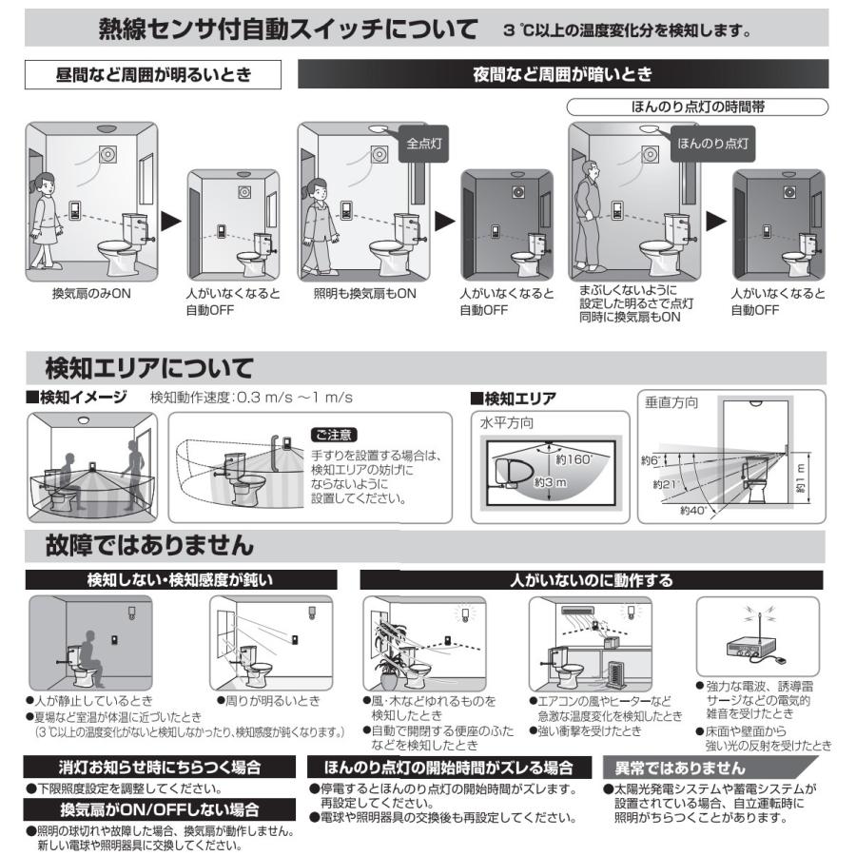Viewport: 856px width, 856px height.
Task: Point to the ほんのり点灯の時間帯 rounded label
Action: (698, 107)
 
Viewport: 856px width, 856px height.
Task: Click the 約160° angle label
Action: (574, 459)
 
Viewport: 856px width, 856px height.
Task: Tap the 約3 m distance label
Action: (550, 482)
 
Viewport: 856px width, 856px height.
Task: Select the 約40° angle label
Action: (694, 511)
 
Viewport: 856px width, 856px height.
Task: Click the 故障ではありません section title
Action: (149, 546)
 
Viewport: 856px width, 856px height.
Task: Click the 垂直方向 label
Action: (671, 403)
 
